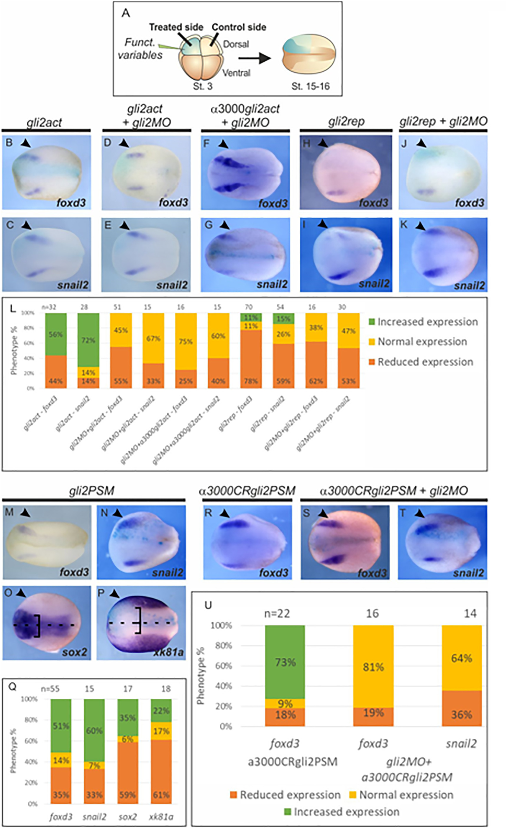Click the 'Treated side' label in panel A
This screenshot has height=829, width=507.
pyautogui.click(x=176, y=27)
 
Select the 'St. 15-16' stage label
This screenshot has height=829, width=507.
pyautogui.click(x=310, y=86)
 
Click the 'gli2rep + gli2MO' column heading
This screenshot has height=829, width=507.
pyautogui.click(x=443, y=122)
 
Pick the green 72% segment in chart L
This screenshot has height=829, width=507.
pyautogui.click(x=88, y=340)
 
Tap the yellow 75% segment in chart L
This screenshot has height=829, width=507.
pyautogui.click(x=186, y=342)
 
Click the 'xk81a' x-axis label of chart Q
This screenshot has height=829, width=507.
pyautogui.click(x=161, y=816)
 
